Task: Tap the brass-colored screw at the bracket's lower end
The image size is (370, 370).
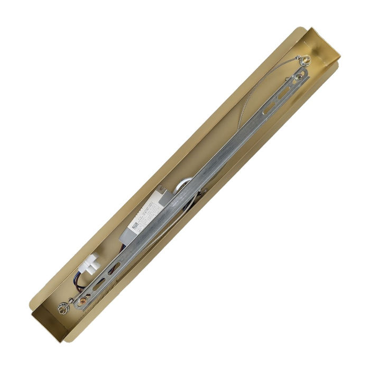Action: (x=83, y=301)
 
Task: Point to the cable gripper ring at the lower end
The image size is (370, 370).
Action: (x=65, y=306)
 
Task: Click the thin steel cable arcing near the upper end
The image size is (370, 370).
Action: (x=248, y=106)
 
